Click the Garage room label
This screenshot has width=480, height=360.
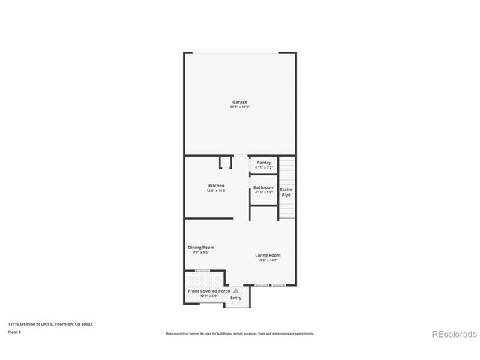coord(239,102)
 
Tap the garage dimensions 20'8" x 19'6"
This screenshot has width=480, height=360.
coord(239,107)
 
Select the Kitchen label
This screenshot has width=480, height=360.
coord(216,186)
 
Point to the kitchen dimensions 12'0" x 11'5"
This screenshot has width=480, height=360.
coord(216,191)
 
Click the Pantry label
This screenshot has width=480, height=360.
coord(264,163)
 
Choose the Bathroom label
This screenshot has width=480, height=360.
coord(264,187)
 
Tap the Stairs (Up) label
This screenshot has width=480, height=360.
coord(286,192)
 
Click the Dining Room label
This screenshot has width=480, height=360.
coord(201,247)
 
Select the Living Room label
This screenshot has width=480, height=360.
coord(268,255)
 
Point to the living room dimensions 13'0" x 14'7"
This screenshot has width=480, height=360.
coord(268,260)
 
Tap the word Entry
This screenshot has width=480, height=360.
coord(235,298)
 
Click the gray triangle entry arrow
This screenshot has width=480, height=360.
coord(235,289)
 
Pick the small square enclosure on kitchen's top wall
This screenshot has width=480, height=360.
coord(225,163)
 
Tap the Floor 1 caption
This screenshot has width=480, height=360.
coord(14,331)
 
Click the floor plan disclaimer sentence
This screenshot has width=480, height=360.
coord(239,334)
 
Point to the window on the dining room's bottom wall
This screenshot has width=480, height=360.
coord(202,271)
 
